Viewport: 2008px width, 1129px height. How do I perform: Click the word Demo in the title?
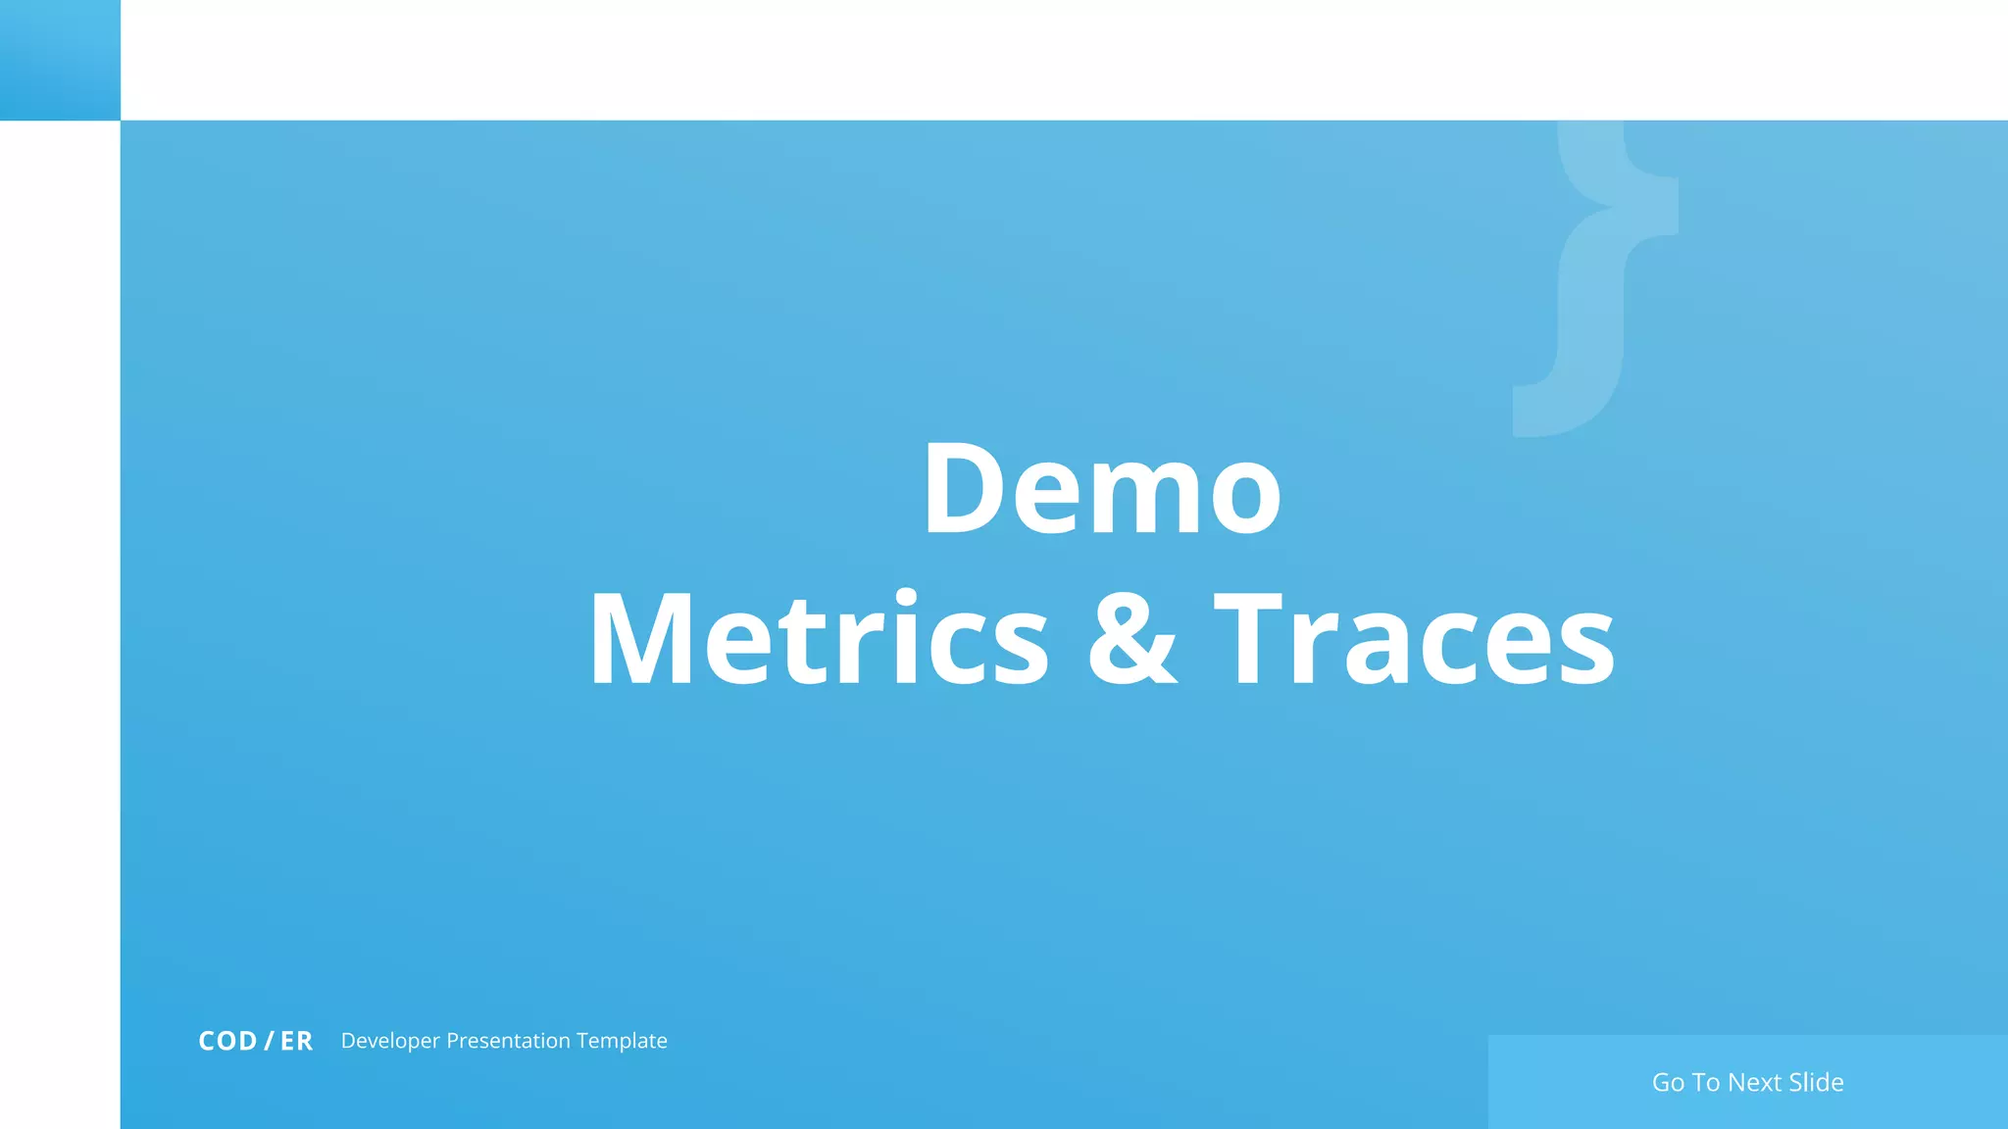[x=1102, y=489]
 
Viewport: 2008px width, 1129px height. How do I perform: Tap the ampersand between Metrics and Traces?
[x=1132, y=639]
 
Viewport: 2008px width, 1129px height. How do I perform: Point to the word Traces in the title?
[x=1414, y=639]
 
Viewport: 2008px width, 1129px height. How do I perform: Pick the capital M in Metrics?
[x=642, y=639]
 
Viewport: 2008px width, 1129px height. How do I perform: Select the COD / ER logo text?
[x=255, y=1041]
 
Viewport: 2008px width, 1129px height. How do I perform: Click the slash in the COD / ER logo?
[x=269, y=1041]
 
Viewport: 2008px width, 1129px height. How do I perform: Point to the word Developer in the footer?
[x=390, y=1041]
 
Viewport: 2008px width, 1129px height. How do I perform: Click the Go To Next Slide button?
[x=1747, y=1082]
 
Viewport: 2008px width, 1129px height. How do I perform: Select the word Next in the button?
[x=1754, y=1082]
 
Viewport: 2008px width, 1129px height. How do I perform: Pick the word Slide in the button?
[x=1816, y=1082]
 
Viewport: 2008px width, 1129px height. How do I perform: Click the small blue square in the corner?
[x=60, y=60]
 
